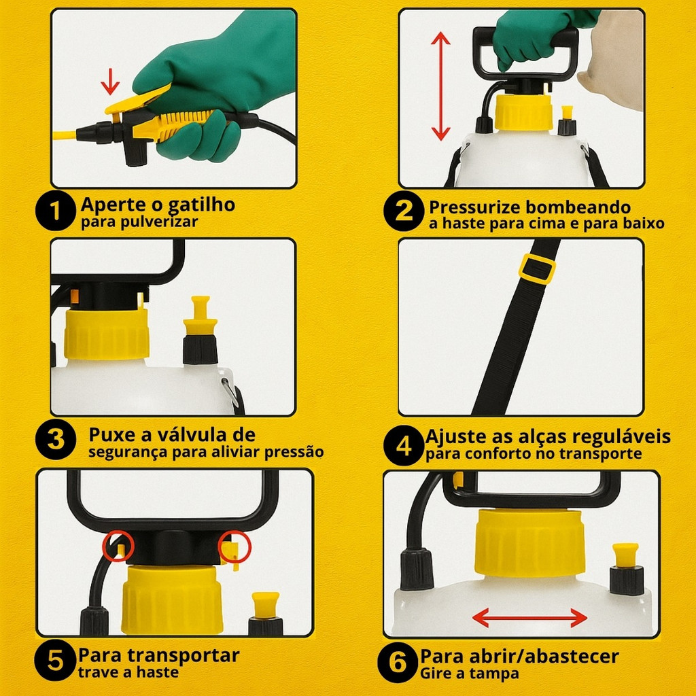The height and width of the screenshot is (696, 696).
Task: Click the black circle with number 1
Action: [56, 211]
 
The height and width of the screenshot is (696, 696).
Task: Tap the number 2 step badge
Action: [404, 211]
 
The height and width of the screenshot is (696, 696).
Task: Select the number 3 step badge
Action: [56, 440]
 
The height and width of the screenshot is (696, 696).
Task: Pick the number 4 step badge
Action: [404, 445]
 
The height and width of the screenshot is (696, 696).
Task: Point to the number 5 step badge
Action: [55, 660]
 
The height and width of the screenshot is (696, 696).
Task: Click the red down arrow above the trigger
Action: [110, 82]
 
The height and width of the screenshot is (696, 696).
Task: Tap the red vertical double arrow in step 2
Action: [440, 86]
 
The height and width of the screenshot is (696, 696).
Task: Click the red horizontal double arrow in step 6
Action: [530, 617]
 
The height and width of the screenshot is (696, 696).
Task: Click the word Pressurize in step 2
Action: [469, 207]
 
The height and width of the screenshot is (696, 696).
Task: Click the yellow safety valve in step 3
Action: [201, 315]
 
